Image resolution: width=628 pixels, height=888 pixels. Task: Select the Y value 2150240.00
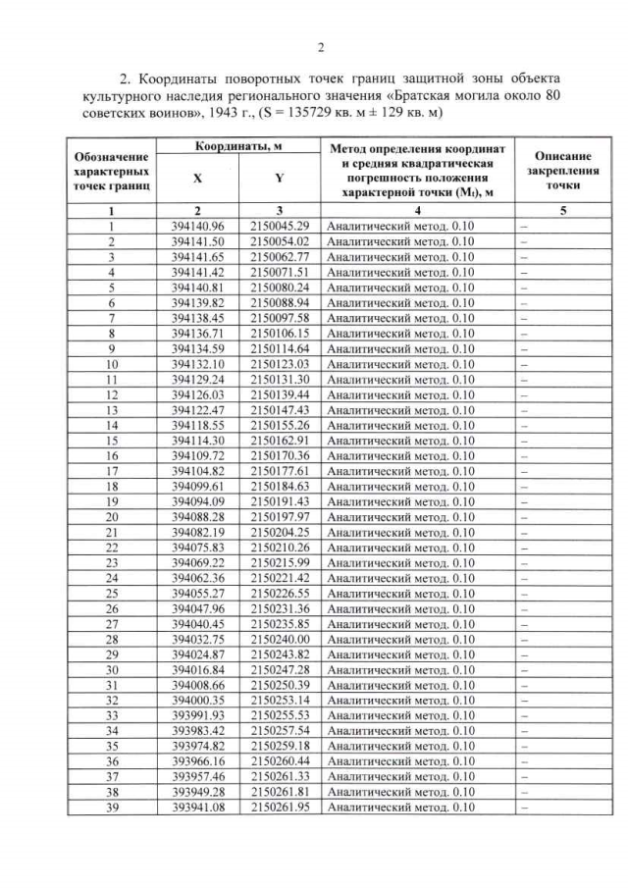coord(280,639)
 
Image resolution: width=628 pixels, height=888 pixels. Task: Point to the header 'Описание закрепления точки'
coord(562,170)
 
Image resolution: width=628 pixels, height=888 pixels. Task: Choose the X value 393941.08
coord(198,808)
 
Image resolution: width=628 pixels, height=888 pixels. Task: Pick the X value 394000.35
coord(198,701)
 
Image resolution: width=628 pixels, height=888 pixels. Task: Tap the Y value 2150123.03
coord(280,363)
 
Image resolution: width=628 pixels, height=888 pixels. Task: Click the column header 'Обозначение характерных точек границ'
coord(111,170)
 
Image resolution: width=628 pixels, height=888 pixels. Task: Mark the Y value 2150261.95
coord(280,808)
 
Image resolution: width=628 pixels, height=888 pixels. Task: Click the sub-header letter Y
coord(280,180)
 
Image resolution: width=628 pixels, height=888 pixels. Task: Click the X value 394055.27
coord(198,593)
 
